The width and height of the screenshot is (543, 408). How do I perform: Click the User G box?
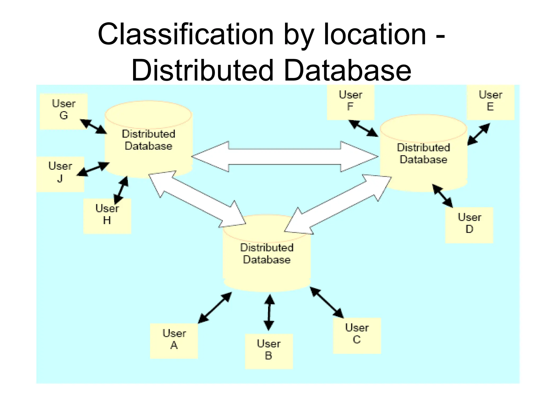tap(64, 111)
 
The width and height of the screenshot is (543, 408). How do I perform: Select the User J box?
tap(60, 174)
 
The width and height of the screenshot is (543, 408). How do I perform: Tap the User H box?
tap(107, 216)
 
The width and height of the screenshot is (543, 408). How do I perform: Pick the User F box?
tap(351, 102)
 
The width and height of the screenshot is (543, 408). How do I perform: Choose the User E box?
tap(491, 102)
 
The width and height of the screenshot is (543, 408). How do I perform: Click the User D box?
tap(469, 225)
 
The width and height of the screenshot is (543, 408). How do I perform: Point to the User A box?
tap(174, 341)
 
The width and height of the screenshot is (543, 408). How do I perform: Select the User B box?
tap(269, 351)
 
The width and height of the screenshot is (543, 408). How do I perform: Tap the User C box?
tap(357, 335)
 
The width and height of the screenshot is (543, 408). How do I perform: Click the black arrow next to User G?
tap(93, 126)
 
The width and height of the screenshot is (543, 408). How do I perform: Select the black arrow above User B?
tap(269, 312)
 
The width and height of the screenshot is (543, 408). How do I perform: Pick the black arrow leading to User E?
tap(479, 134)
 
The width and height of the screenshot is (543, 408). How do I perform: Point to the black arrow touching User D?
tap(443, 196)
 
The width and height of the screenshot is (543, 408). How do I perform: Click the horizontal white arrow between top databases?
tap(285, 157)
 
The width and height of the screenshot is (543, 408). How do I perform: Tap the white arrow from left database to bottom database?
tap(197, 199)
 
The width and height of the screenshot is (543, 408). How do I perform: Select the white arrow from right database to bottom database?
tap(338, 205)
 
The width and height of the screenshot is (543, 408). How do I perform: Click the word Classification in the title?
tap(186, 35)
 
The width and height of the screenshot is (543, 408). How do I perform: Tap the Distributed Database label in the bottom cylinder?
tap(267, 253)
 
